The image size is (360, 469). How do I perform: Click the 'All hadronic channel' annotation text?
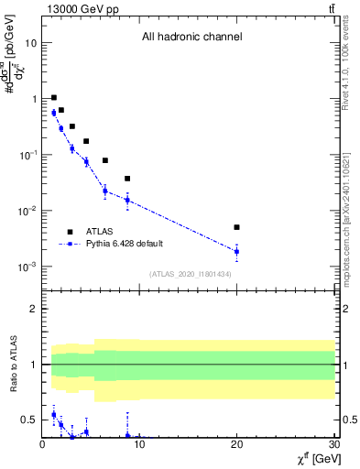click(x=191, y=38)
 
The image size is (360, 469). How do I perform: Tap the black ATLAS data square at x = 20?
click(x=236, y=227)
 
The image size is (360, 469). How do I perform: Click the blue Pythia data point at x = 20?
click(x=236, y=251)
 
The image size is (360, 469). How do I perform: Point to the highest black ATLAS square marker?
click(x=54, y=97)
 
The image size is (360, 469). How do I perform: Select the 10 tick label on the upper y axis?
click(x=31, y=43)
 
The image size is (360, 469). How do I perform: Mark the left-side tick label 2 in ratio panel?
click(x=34, y=309)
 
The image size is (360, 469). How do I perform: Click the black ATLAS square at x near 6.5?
click(x=105, y=160)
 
